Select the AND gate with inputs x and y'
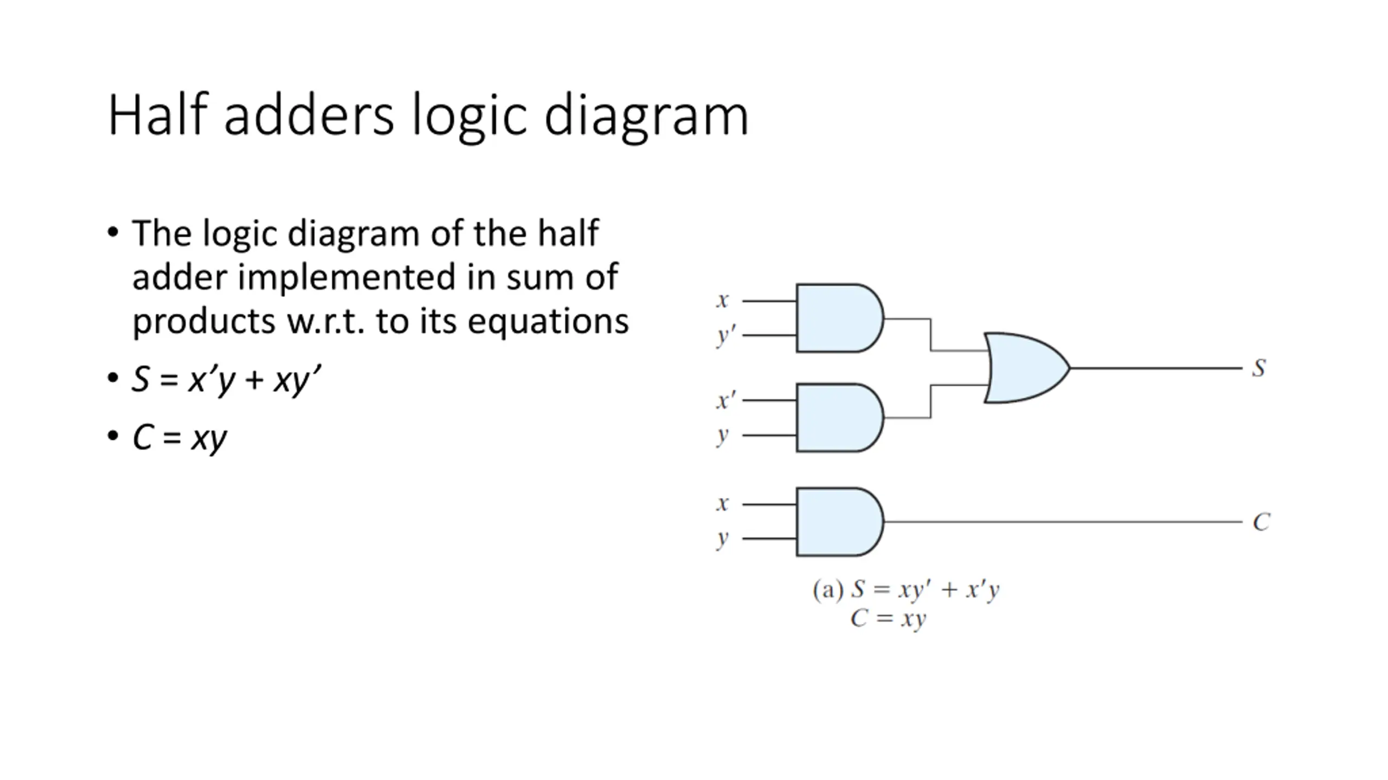point(840,318)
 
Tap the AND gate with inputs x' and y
point(840,418)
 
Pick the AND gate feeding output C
point(840,522)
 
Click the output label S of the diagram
point(1259,368)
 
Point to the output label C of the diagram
point(1261,522)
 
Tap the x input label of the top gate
point(722,300)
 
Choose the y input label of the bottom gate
point(722,539)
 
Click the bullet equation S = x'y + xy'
point(227,380)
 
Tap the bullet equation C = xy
point(180,438)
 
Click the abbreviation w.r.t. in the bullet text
point(326,321)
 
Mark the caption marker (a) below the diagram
point(828,589)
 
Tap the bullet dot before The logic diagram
point(113,233)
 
